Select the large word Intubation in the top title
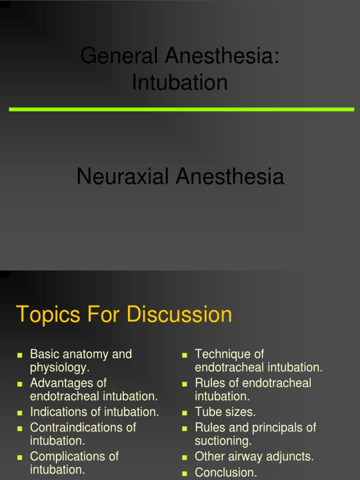click(x=180, y=82)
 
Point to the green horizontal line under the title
click(x=181, y=109)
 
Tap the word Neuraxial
click(x=123, y=177)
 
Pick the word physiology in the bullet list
click(x=59, y=367)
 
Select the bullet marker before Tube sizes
click(x=185, y=413)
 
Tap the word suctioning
click(x=223, y=441)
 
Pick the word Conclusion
click(x=226, y=472)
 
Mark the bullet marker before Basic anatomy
click(x=20, y=355)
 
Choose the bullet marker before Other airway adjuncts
click(x=185, y=457)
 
